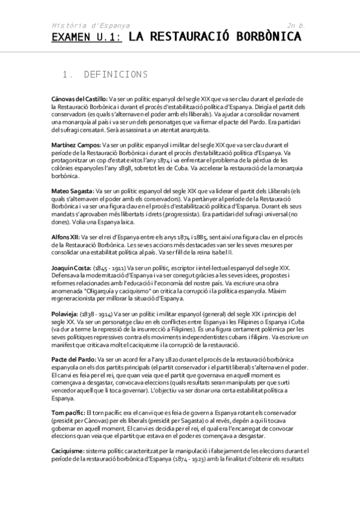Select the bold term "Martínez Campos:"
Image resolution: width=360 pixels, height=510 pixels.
click(76, 145)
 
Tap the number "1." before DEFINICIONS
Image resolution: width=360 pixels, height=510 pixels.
click(67, 75)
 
